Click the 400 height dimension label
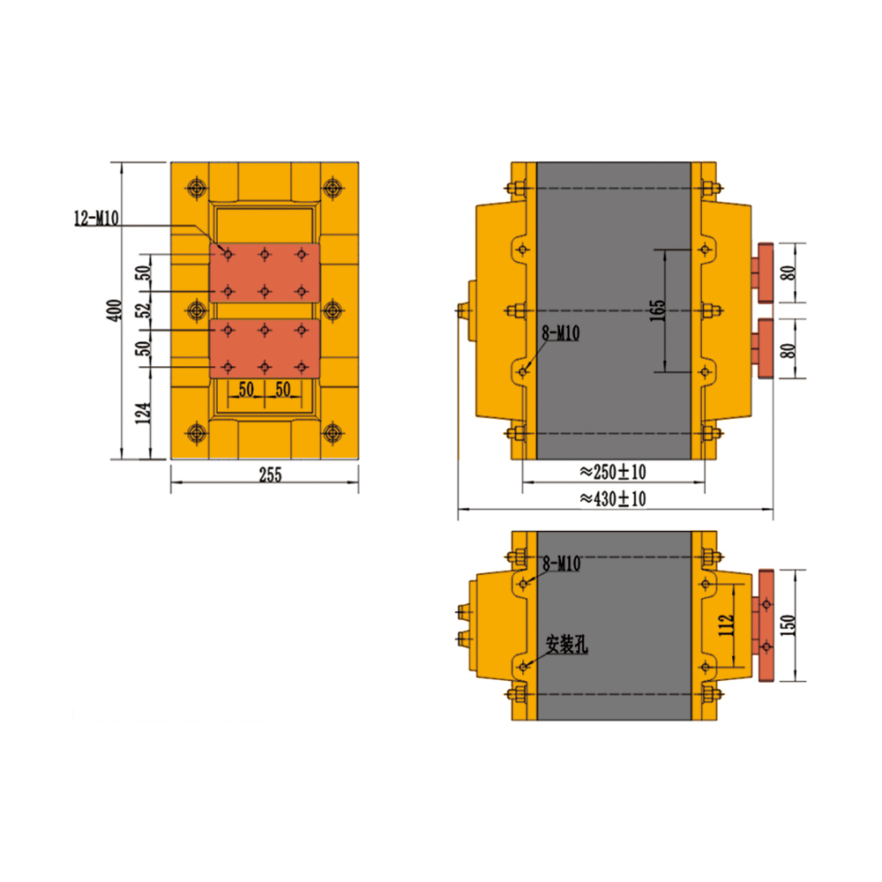[x=114, y=310]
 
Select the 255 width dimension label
[x=270, y=475]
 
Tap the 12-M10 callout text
[x=96, y=218]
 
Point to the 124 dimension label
[x=144, y=413]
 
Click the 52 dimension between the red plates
[x=145, y=310]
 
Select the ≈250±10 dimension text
[x=613, y=471]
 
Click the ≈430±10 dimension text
[x=613, y=498]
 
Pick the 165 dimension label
[x=657, y=310]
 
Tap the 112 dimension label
[x=726, y=625]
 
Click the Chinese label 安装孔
[x=567, y=645]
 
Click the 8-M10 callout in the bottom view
[x=561, y=564]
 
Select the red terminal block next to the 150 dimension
[x=765, y=625]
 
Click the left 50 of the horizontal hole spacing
[x=246, y=389]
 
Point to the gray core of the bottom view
[x=614, y=625]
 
